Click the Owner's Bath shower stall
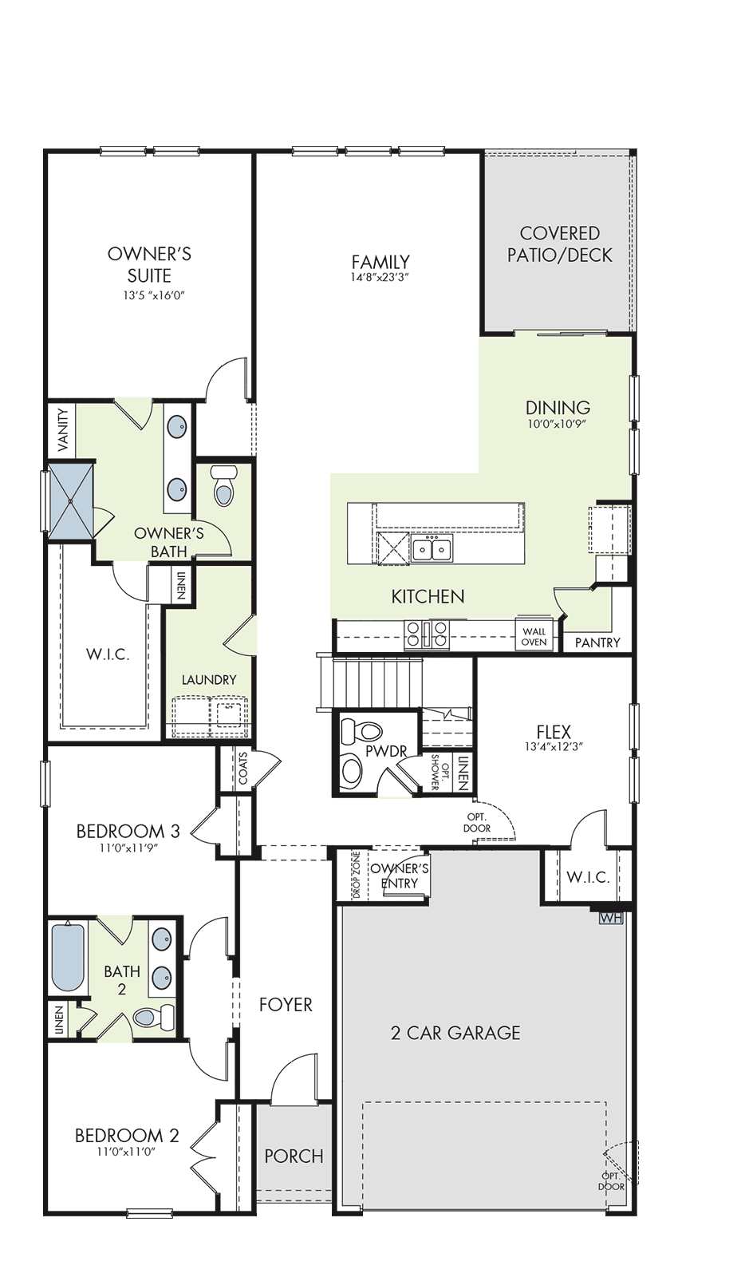[x=71, y=500]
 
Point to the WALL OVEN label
[x=534, y=636]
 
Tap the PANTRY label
[x=597, y=642]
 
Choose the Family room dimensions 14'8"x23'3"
[x=380, y=278]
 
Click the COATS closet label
[x=243, y=769]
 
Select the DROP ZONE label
[x=357, y=875]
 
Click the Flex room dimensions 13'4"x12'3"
[x=554, y=746]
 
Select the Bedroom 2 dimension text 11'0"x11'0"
[x=127, y=1151]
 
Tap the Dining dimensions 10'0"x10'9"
[x=558, y=424]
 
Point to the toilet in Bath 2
[x=152, y=1015]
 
